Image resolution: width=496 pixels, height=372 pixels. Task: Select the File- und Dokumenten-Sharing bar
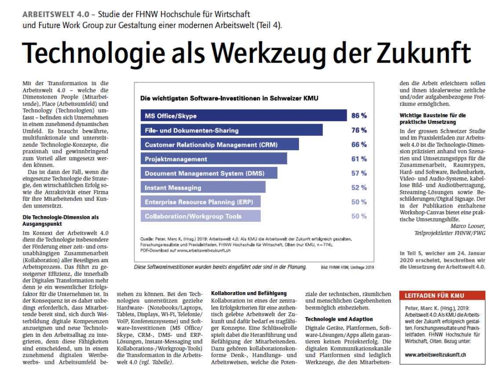point(231,130)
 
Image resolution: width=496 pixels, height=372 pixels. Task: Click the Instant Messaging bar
point(203,188)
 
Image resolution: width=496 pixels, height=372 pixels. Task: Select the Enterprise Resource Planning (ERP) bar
point(200,202)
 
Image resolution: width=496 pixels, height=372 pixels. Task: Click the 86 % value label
point(359,116)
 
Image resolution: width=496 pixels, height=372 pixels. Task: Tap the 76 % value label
point(359,130)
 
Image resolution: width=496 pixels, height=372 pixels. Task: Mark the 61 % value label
point(359,159)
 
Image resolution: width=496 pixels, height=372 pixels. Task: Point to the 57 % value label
point(359,173)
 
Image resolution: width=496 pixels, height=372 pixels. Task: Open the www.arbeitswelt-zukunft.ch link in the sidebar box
point(435,355)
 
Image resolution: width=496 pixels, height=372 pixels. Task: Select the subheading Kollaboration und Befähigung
point(249,293)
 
